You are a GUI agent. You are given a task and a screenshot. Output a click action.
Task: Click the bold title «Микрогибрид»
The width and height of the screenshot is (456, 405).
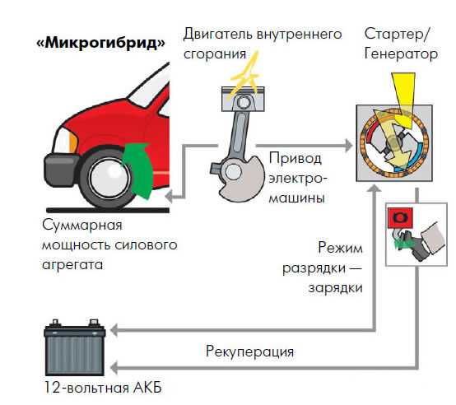click(x=100, y=44)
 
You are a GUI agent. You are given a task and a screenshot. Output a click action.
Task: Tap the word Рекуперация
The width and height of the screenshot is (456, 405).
click(x=249, y=352)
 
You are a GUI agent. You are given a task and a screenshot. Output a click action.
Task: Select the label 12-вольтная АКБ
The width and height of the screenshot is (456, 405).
click(x=103, y=388)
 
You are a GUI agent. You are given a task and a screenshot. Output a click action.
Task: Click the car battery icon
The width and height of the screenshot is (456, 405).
click(x=75, y=347)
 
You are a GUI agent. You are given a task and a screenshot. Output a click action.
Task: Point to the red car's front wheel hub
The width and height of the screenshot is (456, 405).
click(x=108, y=177)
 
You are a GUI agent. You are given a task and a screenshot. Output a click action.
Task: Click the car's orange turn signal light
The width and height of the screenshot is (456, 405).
click(x=73, y=142)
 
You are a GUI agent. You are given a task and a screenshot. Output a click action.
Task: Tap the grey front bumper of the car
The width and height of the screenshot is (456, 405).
click(x=60, y=170)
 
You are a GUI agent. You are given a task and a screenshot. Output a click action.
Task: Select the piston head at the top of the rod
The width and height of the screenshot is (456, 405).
click(x=243, y=99)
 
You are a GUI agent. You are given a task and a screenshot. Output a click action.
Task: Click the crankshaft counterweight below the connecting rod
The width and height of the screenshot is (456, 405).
click(x=240, y=179)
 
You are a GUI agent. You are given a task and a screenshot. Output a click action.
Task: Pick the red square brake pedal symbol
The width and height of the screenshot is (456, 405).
click(x=400, y=218)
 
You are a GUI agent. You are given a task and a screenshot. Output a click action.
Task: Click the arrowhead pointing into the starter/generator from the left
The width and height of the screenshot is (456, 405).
click(x=349, y=146)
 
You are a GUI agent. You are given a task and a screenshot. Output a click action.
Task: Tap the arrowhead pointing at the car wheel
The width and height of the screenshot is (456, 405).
click(x=170, y=197)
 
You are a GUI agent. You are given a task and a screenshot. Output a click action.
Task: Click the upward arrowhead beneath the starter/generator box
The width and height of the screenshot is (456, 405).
click(x=375, y=189)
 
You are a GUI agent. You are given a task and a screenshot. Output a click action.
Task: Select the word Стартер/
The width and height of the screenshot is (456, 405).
click(x=397, y=34)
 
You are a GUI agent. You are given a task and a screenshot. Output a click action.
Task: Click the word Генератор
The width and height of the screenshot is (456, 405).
click(x=401, y=54)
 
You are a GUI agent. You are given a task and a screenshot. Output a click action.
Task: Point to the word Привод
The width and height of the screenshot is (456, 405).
click(x=295, y=159)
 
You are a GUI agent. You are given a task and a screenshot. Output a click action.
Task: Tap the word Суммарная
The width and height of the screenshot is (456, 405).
click(x=82, y=226)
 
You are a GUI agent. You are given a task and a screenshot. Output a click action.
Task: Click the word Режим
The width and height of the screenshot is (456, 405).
click(x=340, y=248)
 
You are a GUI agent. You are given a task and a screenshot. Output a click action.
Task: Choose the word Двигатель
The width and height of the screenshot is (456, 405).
click(x=218, y=35)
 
